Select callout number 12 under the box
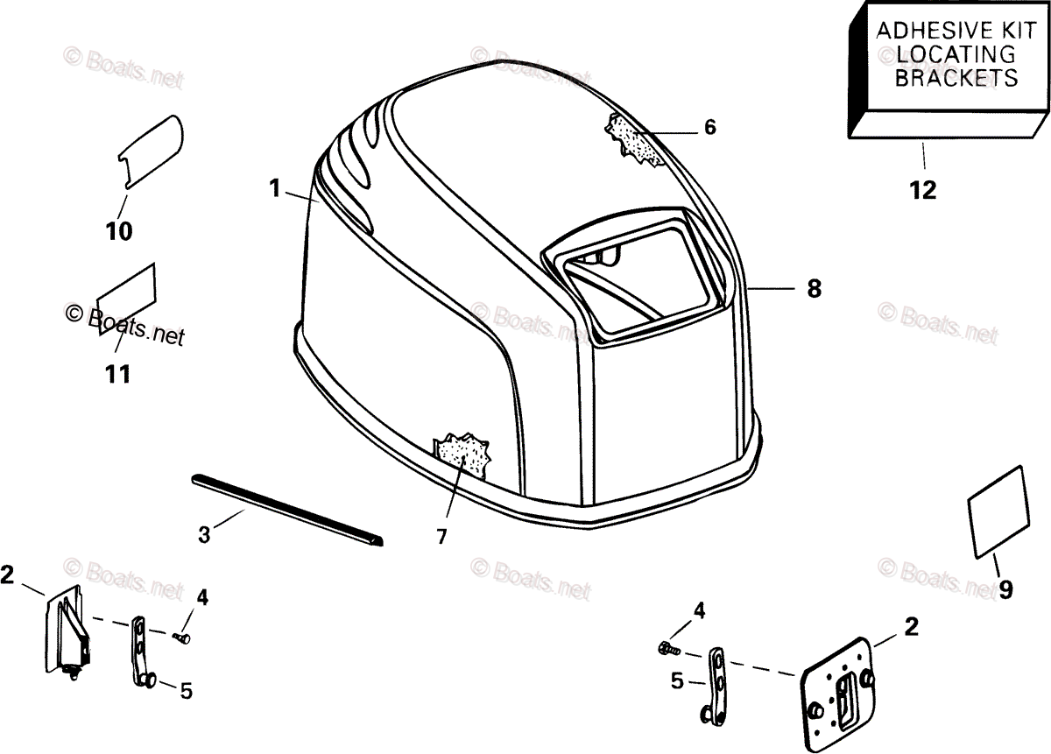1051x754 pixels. tap(923, 189)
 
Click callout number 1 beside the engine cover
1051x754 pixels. tap(275, 187)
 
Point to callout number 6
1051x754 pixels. tap(709, 128)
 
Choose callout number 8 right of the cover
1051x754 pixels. tap(814, 288)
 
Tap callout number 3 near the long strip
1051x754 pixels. tap(204, 533)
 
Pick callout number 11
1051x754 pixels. tap(117, 375)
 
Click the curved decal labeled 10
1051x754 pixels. tap(151, 150)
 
